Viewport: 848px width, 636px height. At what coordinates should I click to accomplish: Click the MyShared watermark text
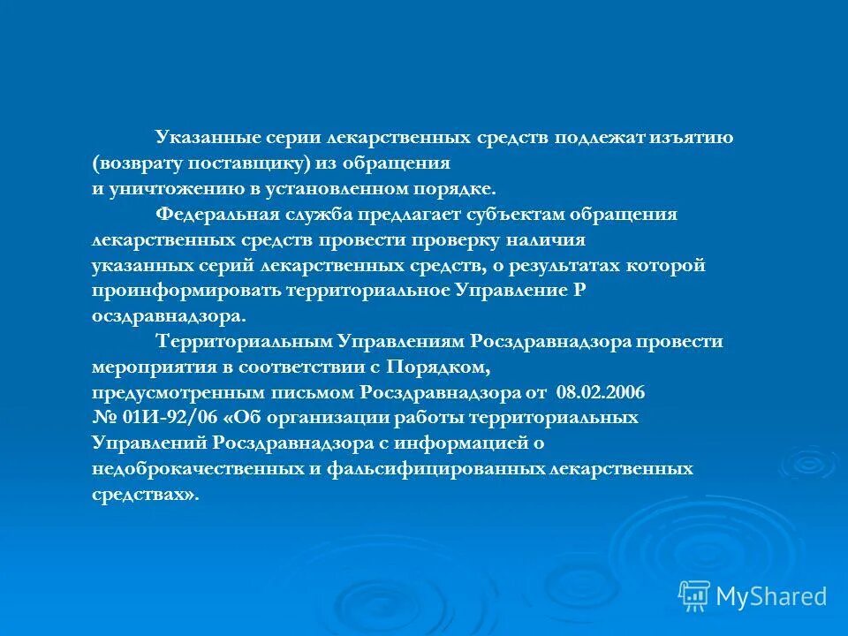(772, 596)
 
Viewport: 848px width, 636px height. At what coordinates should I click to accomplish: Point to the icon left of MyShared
(693, 595)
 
